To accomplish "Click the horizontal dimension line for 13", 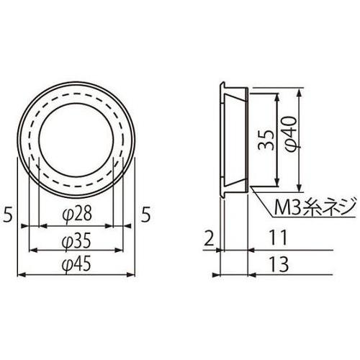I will pyautogui.click(x=288, y=274).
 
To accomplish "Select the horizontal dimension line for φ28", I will pyautogui.click(x=71, y=226).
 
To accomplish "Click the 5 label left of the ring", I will pyautogui.click(x=7, y=215).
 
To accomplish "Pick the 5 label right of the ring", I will pyautogui.click(x=147, y=215).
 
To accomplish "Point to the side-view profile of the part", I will pyautogui.click(x=232, y=137).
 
